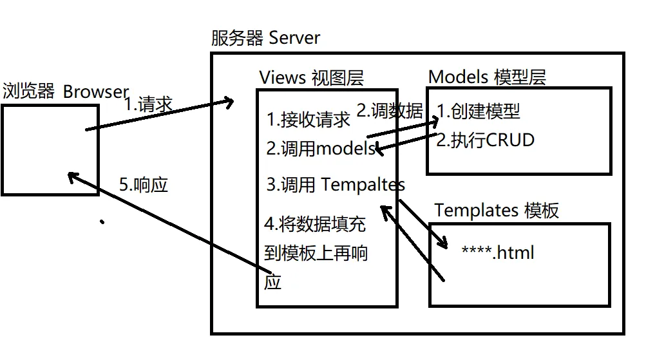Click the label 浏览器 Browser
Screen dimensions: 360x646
(66, 92)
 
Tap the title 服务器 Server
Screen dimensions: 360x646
(265, 38)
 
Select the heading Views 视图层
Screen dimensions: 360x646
(311, 78)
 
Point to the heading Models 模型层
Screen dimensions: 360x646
(487, 77)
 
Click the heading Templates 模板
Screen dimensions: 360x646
(497, 211)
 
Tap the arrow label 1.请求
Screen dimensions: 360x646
(147, 104)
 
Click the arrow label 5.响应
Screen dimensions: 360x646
(144, 185)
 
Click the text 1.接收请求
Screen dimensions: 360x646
(309, 120)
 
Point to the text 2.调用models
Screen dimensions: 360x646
(321, 149)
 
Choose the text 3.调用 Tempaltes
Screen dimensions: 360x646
(336, 185)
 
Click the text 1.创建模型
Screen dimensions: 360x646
(479, 111)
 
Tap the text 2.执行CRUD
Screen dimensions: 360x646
(485, 140)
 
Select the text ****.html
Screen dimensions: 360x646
(498, 252)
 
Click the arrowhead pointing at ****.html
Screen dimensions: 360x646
(442, 243)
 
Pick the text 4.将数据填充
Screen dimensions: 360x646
(315, 224)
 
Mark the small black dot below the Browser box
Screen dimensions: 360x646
(102, 222)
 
